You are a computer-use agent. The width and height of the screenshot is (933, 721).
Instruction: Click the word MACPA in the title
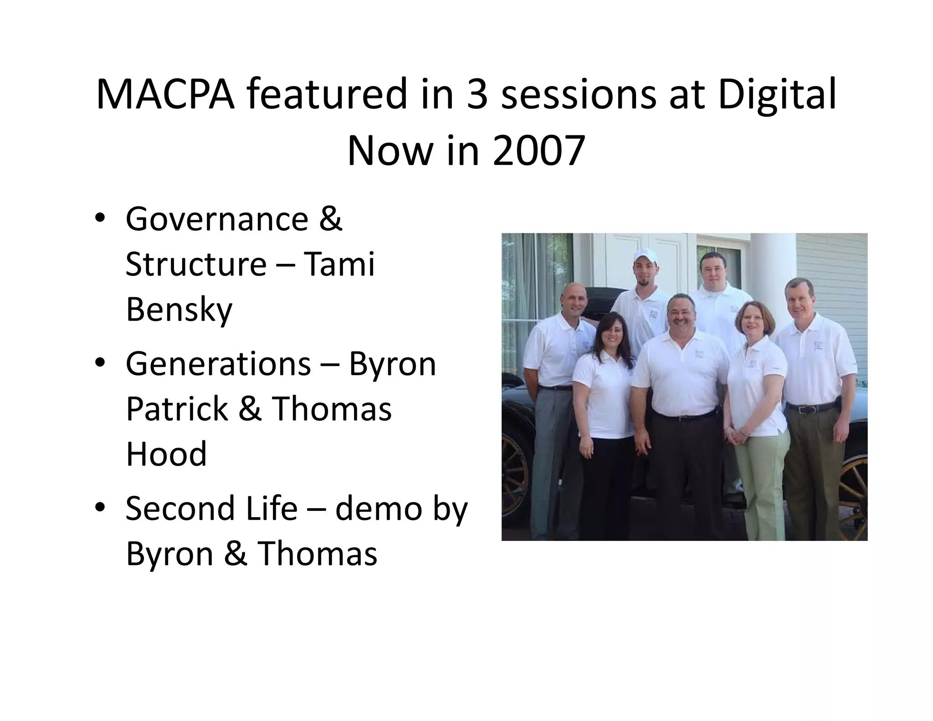click(x=165, y=95)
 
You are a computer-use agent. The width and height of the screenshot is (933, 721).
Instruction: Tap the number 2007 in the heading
click(x=538, y=151)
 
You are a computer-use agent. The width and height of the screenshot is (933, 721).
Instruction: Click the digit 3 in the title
click(x=477, y=95)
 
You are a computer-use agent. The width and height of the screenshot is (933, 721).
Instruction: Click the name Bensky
click(x=179, y=310)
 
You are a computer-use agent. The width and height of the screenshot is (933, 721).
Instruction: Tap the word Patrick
click(x=176, y=408)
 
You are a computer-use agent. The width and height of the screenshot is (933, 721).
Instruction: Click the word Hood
click(x=166, y=454)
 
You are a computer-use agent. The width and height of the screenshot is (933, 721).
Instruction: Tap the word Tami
click(x=339, y=264)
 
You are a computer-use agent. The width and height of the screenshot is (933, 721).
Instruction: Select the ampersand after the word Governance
click(x=330, y=219)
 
